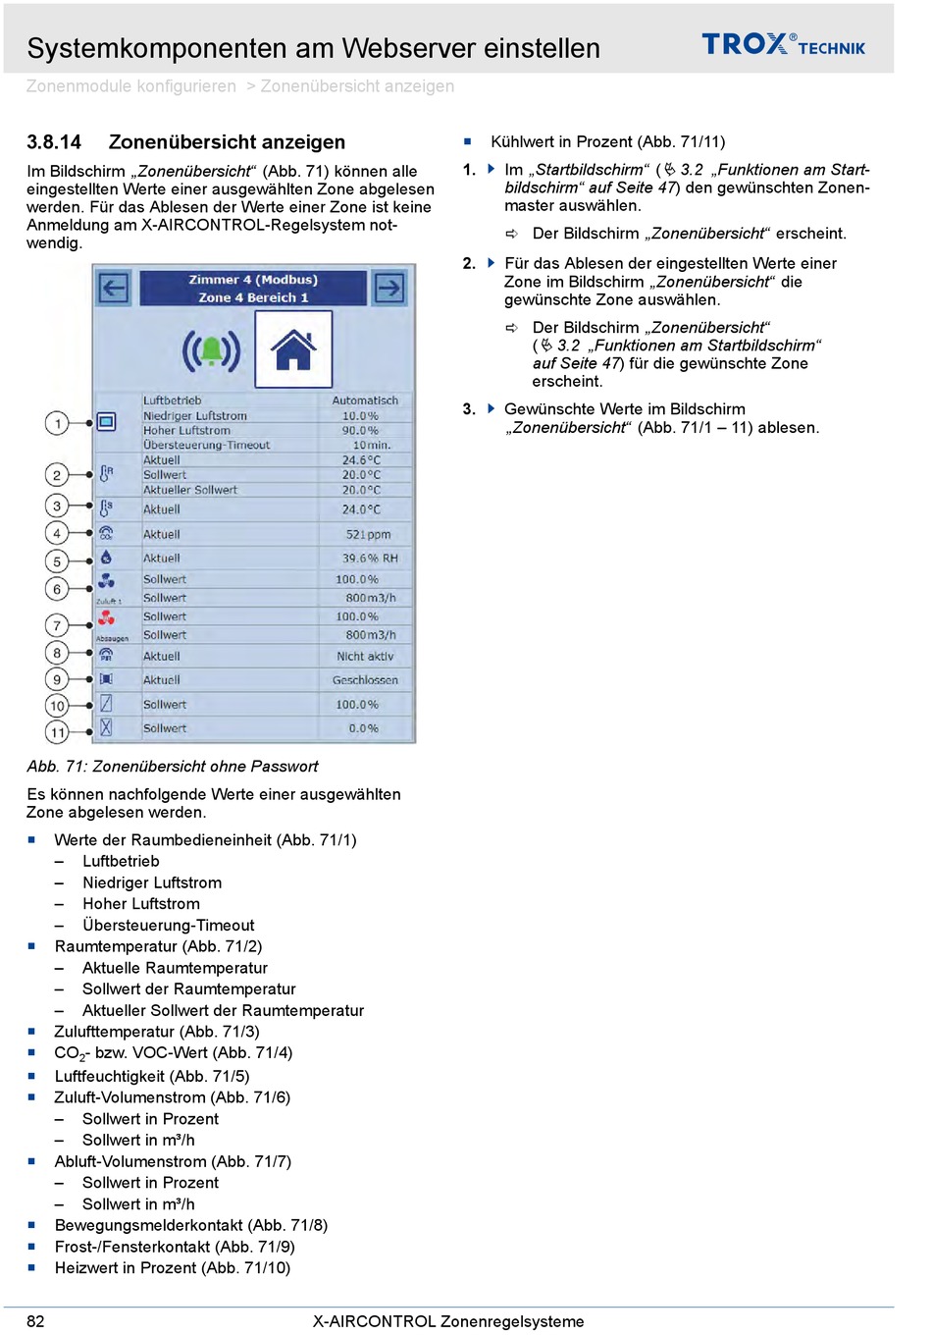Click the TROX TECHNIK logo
pos(783,44)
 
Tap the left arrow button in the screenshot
pos(114,288)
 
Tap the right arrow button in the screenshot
pos(389,288)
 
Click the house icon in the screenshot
pos(293,349)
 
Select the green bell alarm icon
pos(211,350)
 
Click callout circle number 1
pos(57,423)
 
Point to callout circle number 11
pos(57,731)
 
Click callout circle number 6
pos(57,589)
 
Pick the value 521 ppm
pos(368,535)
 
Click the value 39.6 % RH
pos(370,559)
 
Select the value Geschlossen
pos(365,680)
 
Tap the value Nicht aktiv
pos(365,657)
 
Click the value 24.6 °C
pos(361,460)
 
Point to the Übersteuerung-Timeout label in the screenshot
pos(206,446)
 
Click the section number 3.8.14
pos(54,142)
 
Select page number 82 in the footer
pos(35,1321)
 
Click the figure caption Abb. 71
pos(173,767)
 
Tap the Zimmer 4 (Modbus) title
pos(253,280)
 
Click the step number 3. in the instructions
pos(469,409)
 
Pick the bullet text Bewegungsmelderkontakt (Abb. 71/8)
pos(191,1226)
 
